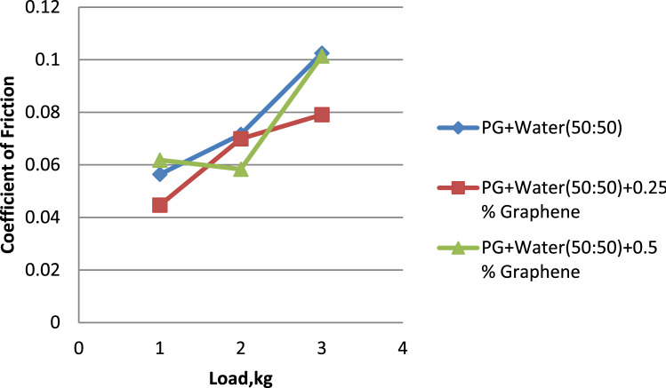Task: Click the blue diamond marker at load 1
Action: [x=160, y=174]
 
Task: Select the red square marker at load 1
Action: [x=160, y=205]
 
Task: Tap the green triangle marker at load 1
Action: [x=160, y=161]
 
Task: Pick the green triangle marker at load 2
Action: [x=241, y=169]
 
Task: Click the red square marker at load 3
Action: [x=322, y=115]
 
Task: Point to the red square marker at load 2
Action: [x=241, y=138]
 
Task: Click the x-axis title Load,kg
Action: [x=242, y=376]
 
